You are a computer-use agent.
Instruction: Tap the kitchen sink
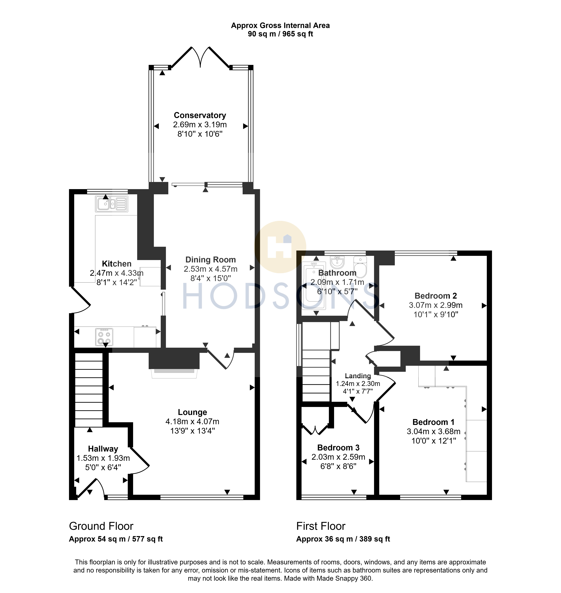tap(111, 204)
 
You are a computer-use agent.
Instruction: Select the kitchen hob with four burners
tap(104, 337)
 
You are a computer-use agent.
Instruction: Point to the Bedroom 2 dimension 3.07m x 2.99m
tap(436, 305)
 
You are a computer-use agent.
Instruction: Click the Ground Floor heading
tap(101, 526)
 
